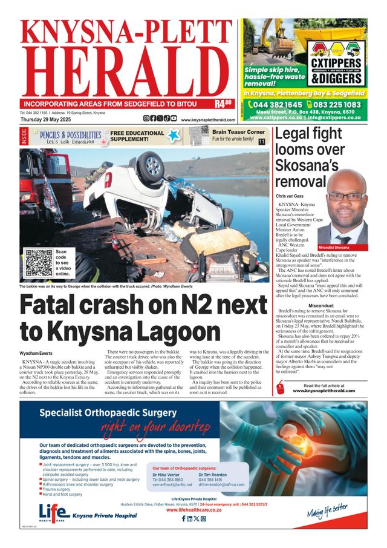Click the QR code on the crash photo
tap(39, 263)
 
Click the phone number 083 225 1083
tap(336, 104)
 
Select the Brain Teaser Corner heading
tap(238, 131)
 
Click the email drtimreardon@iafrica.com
tap(221, 484)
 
